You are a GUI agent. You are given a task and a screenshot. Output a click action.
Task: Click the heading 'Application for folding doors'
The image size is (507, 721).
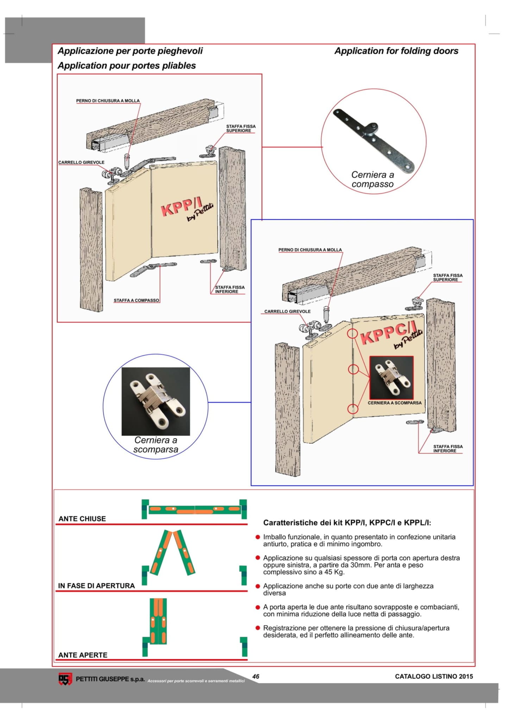coord(396,51)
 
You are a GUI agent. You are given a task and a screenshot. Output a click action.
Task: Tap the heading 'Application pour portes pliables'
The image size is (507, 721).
coord(127,66)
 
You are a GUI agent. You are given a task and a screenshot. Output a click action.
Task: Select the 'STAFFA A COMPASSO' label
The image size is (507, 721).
coord(136,300)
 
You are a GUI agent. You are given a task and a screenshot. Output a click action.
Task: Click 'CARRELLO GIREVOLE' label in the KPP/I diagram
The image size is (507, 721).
coord(81,162)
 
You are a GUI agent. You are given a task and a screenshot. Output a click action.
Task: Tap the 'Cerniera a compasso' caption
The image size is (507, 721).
coord(373,179)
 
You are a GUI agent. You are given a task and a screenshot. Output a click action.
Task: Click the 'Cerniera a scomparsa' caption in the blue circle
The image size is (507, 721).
coord(156,445)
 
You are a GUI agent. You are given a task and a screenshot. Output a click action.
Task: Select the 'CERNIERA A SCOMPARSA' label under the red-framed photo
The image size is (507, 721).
coord(394,403)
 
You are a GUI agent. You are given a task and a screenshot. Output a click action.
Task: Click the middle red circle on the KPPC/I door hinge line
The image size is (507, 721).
coord(353,369)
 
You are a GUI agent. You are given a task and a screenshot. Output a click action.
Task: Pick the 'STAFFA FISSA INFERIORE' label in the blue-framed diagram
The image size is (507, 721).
coord(447,449)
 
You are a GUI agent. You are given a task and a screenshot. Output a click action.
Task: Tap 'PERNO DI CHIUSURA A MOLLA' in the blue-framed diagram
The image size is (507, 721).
coord(310,250)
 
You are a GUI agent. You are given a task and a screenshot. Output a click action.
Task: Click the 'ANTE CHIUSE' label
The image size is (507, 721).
coord(82,519)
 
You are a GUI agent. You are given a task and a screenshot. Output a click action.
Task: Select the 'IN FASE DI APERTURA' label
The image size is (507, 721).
coord(96,585)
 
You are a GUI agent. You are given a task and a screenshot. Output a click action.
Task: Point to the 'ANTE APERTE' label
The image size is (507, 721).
coord(83,655)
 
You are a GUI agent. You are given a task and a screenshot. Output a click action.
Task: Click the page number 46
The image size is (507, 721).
coord(256,676)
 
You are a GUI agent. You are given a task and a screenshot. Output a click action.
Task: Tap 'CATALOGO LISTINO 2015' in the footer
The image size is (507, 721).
coord(434,676)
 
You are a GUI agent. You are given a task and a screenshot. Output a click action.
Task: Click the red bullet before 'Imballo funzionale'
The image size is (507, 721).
coord(258,537)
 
